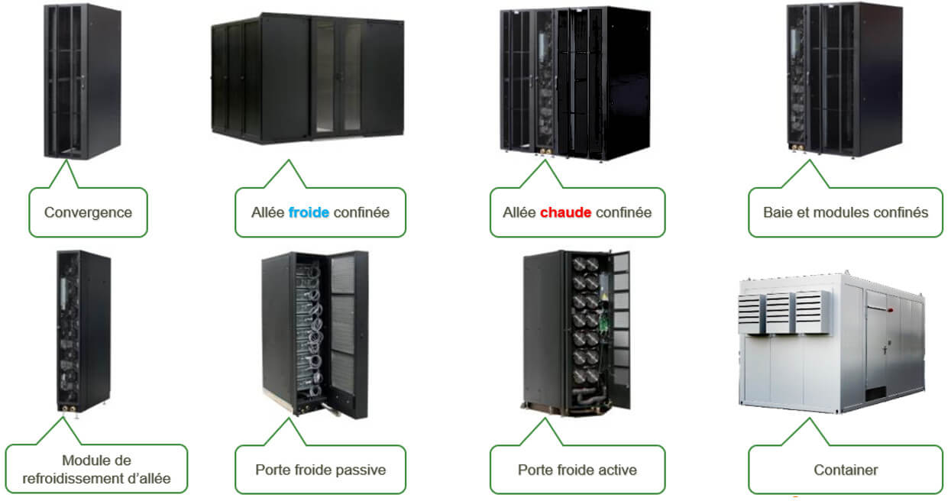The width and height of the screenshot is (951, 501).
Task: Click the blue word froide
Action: [309, 212]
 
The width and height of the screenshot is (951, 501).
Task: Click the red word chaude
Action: [565, 212]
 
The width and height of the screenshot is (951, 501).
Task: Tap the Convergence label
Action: [88, 212]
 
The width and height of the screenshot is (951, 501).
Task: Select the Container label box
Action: [846, 470]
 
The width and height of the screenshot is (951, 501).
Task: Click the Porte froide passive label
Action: [320, 469]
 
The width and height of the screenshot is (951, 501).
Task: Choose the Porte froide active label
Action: [577, 469]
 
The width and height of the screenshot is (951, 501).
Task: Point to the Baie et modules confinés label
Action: [846, 212]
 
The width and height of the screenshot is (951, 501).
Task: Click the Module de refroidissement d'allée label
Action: [96, 469]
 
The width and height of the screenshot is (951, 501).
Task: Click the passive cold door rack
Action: [315, 334]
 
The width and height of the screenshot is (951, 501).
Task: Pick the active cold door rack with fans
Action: [577, 330]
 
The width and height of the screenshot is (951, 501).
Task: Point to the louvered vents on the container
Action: [784, 312]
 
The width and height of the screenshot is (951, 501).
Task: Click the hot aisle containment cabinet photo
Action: [574, 82]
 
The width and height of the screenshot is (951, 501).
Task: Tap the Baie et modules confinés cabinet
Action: [843, 79]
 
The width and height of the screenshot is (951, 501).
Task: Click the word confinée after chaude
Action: [623, 212]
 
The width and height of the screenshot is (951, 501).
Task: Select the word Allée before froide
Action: [268, 212]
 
